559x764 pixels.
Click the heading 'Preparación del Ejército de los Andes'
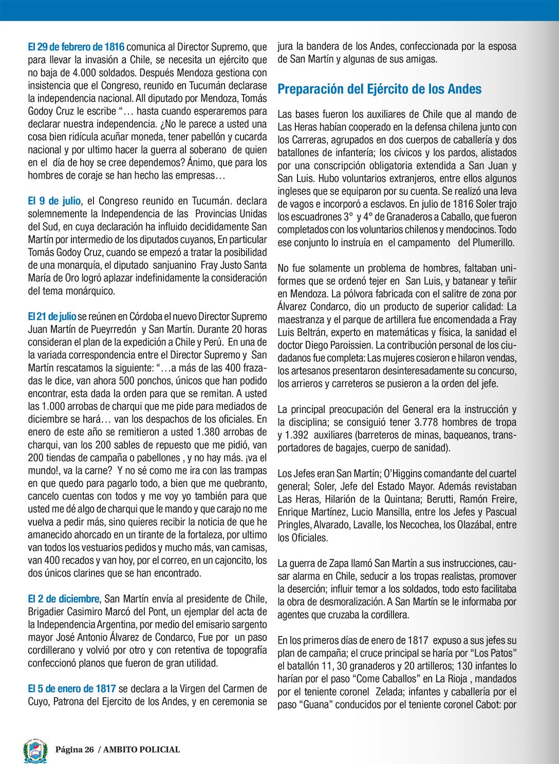pyautogui.click(x=379, y=89)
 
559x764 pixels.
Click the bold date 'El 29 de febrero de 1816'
pyautogui.click(x=76, y=47)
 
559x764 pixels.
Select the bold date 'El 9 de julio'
pyautogui.click(x=54, y=201)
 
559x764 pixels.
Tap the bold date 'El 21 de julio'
pyautogui.click(x=52, y=316)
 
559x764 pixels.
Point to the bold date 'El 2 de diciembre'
pyautogui.click(x=63, y=599)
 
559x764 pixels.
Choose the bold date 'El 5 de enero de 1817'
pyautogui.click(x=71, y=689)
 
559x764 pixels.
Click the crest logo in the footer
pyautogui.click(x=35, y=750)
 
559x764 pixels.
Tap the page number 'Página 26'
pyautogui.click(x=75, y=750)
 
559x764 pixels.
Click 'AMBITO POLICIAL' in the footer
pyautogui.click(x=141, y=750)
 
